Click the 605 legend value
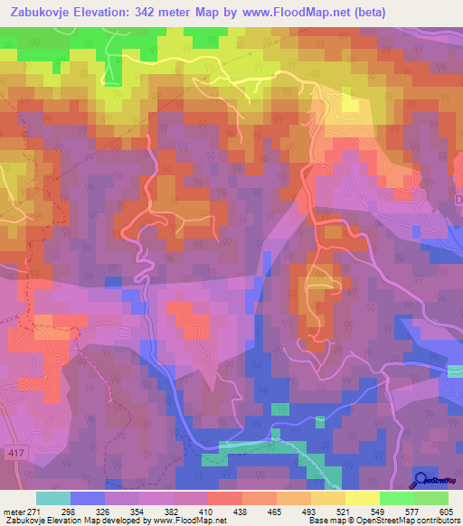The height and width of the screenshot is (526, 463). (444, 511)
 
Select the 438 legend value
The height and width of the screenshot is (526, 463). (241, 511)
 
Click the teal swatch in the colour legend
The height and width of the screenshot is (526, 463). (53, 498)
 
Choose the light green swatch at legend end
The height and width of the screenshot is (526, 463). (431, 498)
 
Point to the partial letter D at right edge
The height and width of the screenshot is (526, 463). (458, 200)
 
